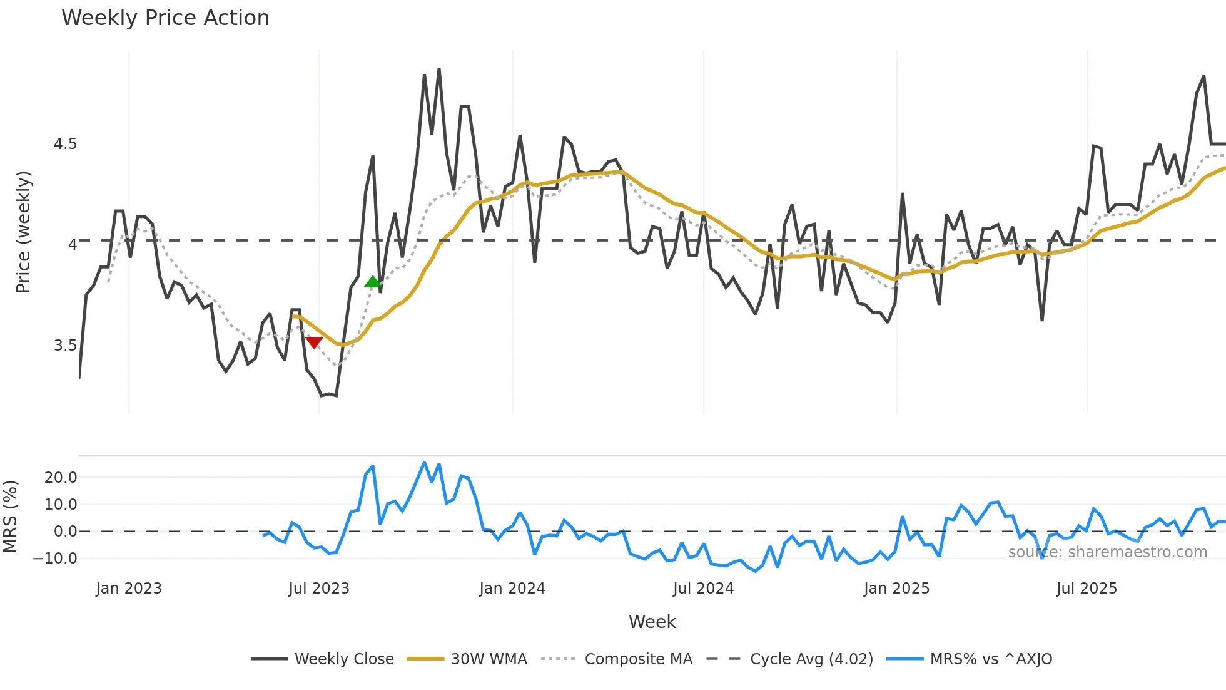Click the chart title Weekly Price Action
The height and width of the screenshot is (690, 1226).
click(165, 18)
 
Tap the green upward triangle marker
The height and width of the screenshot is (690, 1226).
click(372, 282)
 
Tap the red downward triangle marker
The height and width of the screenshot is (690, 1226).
click(314, 342)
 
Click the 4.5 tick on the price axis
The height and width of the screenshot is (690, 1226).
click(65, 144)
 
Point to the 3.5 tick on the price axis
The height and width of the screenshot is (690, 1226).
click(65, 346)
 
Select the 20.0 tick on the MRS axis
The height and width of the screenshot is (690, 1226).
click(61, 478)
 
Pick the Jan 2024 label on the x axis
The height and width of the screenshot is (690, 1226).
click(512, 589)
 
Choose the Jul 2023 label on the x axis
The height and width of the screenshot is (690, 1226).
click(319, 589)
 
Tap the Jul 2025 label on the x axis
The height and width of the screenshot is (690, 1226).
click(1087, 589)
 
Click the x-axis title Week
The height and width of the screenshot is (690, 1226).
click(652, 622)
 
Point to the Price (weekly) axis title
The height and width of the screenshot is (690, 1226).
click(23, 232)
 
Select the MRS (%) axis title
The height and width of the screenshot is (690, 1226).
click(11, 517)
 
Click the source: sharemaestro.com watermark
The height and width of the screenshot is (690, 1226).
click(1107, 552)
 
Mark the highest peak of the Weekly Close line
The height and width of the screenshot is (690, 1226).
click(439, 69)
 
